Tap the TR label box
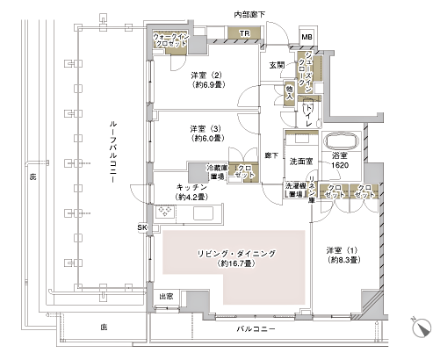(x=244, y=35)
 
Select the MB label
(x=306, y=36)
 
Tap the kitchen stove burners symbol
(x=167, y=212)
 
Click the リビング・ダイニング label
(x=233, y=258)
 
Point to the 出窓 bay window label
(x=165, y=298)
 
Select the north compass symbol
(x=422, y=327)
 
